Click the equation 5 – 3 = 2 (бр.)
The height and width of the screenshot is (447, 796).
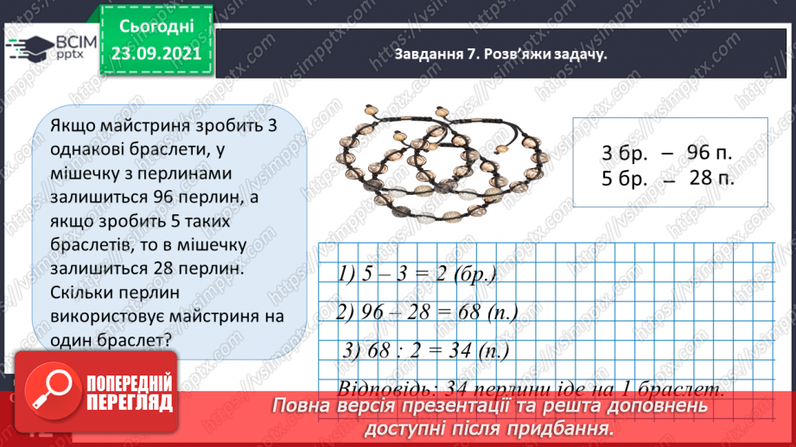[417, 275]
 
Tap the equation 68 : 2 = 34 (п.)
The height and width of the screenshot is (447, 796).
[426, 351]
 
